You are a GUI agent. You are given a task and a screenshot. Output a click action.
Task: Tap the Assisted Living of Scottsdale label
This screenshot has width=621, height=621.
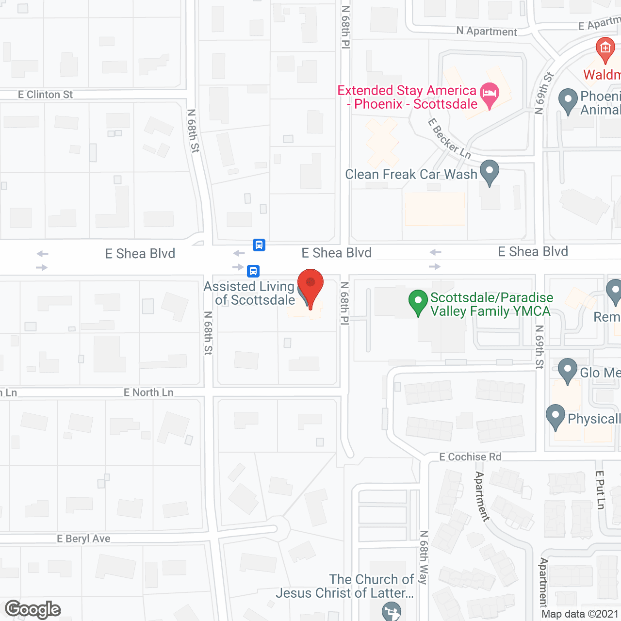(x=249, y=294)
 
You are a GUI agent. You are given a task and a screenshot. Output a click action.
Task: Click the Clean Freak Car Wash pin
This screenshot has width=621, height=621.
(x=490, y=171)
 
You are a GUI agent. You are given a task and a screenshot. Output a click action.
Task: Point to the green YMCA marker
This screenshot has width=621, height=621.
(x=418, y=301)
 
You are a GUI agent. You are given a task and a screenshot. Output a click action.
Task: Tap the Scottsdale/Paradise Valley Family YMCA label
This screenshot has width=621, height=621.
(x=490, y=304)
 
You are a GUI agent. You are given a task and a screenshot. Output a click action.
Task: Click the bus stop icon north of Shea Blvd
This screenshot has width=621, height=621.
(x=259, y=245)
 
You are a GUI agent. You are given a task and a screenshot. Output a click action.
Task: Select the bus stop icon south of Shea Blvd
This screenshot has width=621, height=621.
(x=253, y=271)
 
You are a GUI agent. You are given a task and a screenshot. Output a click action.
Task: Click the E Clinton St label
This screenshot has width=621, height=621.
(x=45, y=95)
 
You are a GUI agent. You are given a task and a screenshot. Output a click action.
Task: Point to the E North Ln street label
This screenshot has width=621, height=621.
(x=148, y=392)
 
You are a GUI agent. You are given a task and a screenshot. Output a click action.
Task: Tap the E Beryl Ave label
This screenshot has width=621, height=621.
(x=83, y=539)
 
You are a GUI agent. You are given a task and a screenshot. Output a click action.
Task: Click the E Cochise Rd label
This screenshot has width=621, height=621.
(x=470, y=457)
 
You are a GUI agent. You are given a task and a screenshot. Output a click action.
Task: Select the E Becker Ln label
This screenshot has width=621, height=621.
(x=449, y=139)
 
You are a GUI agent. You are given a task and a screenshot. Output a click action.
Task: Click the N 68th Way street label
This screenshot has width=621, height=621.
(x=424, y=557)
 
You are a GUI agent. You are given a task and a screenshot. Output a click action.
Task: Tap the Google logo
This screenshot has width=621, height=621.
(x=33, y=609)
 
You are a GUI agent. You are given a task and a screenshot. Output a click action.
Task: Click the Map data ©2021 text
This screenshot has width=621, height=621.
(x=580, y=614)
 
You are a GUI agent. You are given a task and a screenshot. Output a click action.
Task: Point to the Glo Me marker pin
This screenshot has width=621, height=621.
(x=567, y=370)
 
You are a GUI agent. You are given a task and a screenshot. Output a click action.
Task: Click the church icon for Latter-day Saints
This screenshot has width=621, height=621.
(x=391, y=611)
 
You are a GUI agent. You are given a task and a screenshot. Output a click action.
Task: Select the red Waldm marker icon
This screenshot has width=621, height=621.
(x=605, y=49)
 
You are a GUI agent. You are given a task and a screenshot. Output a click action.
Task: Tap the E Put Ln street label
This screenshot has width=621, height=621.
(x=600, y=490)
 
